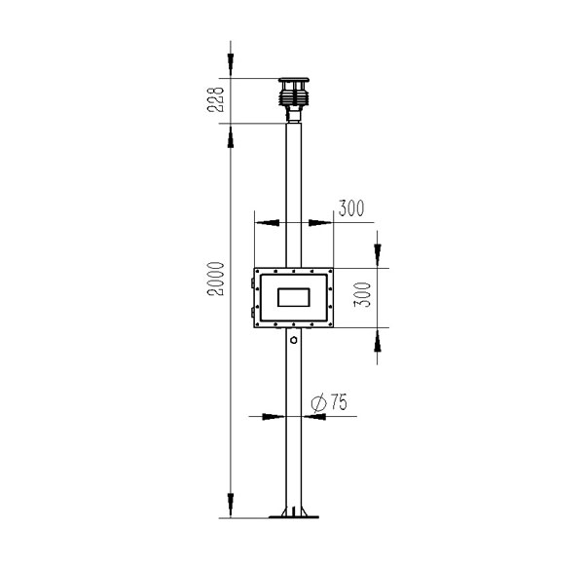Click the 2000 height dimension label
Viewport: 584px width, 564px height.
coord(216,279)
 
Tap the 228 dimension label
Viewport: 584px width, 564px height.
coord(216,99)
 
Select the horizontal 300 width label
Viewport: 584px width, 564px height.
coord(351,208)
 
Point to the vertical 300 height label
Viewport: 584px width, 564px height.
coord(363,294)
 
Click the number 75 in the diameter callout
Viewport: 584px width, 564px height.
coord(339,401)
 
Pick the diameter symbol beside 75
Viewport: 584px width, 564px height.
coord(319,403)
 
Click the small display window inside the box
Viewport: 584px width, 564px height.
coord(294,297)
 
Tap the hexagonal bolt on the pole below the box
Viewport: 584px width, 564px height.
coord(294,340)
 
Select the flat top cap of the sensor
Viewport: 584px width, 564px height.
coord(294,80)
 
